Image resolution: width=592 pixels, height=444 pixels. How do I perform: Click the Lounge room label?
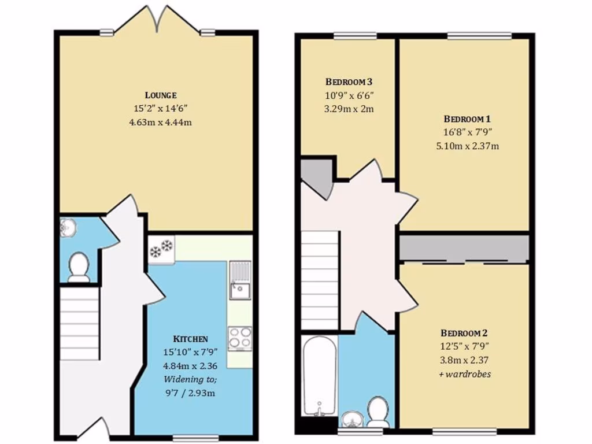point(160,95)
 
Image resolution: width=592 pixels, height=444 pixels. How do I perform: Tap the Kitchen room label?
point(190,339)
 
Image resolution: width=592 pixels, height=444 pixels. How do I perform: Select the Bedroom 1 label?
point(468,119)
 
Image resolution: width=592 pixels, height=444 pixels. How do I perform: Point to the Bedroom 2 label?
point(464,333)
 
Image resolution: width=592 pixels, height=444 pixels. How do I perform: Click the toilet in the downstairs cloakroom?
point(78,268)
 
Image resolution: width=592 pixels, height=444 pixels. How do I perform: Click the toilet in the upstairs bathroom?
point(379,411)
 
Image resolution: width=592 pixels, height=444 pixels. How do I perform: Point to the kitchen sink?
point(239,280)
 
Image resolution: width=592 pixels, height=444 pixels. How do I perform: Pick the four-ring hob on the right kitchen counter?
point(240,338)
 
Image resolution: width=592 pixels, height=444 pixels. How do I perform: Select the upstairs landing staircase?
point(320,277)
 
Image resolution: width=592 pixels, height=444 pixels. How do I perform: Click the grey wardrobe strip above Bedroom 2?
point(464,247)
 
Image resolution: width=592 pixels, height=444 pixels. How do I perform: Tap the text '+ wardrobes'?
point(464,373)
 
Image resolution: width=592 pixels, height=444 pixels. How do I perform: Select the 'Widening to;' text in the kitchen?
point(190,380)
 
